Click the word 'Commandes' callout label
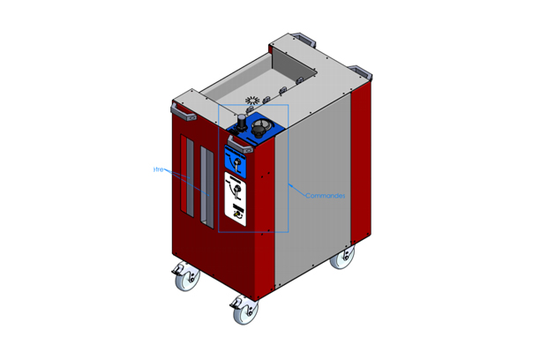(x=319, y=195)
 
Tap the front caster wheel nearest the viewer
(x=242, y=311)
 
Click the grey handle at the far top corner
(x=302, y=37)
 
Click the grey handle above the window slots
(x=184, y=111)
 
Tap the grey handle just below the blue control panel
(x=240, y=149)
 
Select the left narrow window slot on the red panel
(x=184, y=176)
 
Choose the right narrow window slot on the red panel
(x=206, y=184)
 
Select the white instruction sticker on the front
(x=236, y=199)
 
